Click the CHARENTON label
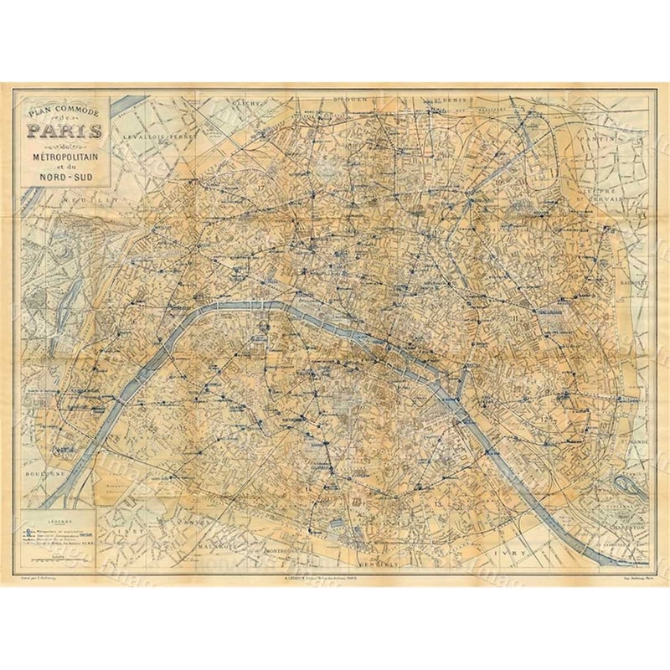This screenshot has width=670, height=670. [625, 529]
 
